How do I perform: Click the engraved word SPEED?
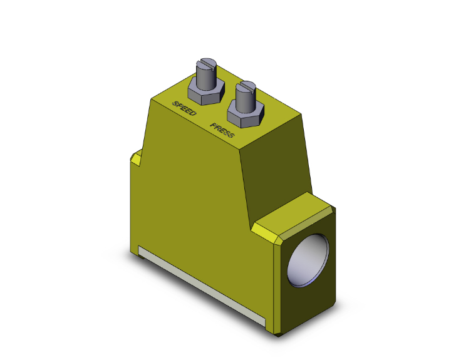click(x=184, y=108)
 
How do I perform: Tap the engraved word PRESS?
click(x=222, y=130)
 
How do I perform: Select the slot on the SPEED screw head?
click(x=206, y=63)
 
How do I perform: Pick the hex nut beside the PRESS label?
click(x=243, y=117)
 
